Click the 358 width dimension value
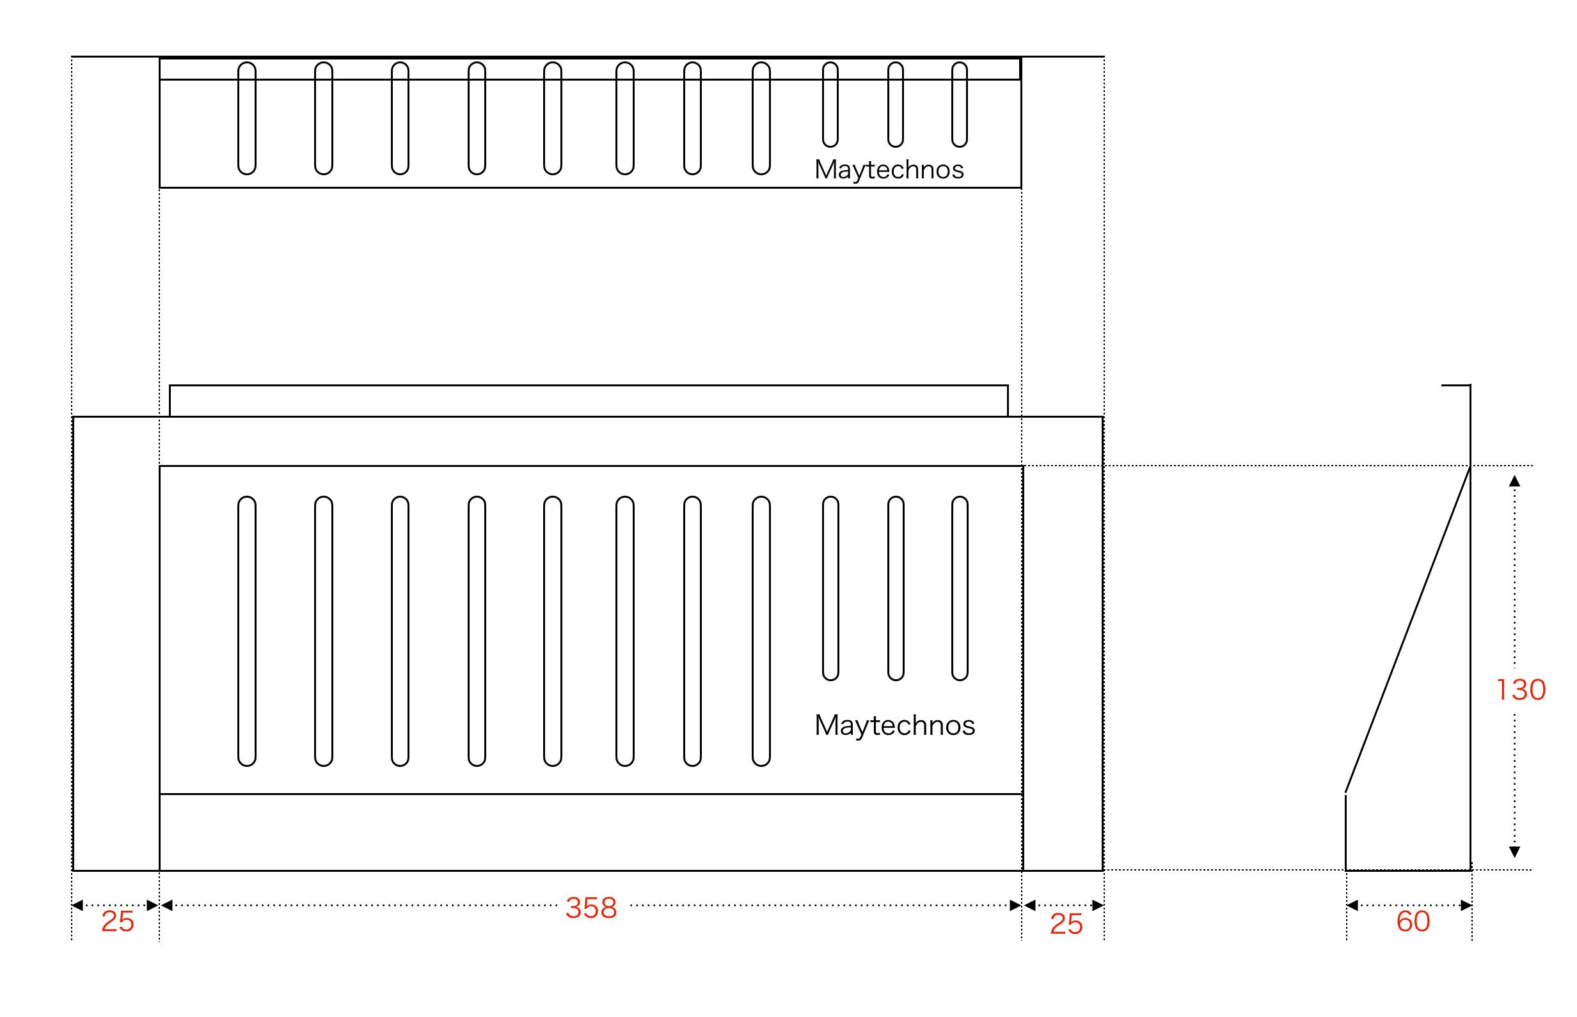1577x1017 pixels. pos(591,908)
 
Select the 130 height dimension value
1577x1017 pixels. pos(1520,690)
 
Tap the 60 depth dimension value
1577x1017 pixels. pos(1413,921)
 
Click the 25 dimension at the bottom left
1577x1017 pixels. pos(118,921)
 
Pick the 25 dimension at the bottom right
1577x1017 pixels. pos(1066,924)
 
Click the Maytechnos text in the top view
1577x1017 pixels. pos(889,169)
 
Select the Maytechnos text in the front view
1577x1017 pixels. pos(895,725)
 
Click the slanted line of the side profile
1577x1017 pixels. pos(1407,630)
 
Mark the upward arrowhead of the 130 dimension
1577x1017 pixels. pos(1515,481)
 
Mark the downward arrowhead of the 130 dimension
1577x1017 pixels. pos(1515,852)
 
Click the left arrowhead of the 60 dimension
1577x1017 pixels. pos(1352,906)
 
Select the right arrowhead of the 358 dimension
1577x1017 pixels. pos(1016,906)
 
